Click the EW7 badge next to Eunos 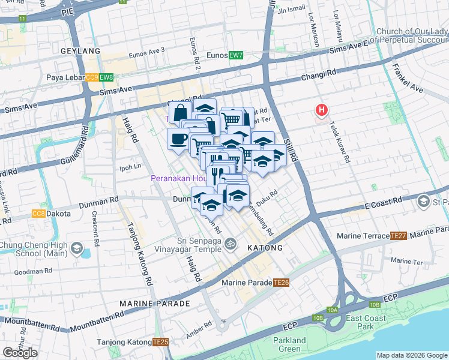(x=235, y=55)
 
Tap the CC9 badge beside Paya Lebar (x=92, y=77)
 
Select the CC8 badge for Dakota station (x=38, y=214)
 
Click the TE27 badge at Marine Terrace (x=399, y=236)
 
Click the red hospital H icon (x=322, y=110)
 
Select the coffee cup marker (x=178, y=139)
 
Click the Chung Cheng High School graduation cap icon (x=77, y=247)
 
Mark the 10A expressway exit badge (x=333, y=310)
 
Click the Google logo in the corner (x=20, y=353)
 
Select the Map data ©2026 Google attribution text (x=412, y=355)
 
